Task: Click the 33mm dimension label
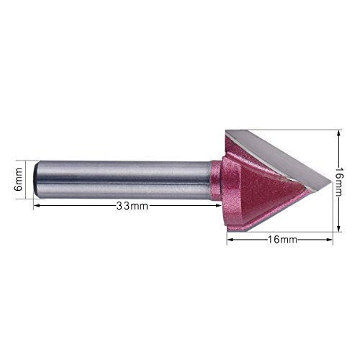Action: (x=132, y=206)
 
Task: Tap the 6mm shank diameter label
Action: (x=18, y=179)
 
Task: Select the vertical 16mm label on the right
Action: (x=338, y=181)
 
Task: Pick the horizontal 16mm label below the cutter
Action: (x=282, y=239)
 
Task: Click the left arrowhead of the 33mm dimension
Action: (x=37, y=205)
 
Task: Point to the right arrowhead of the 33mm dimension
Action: (x=218, y=205)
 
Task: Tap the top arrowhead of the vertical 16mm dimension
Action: (x=339, y=133)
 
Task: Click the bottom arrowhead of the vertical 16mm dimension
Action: (x=339, y=229)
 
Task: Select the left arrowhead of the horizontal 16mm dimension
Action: (x=230, y=239)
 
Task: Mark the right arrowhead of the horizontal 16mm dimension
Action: (x=329, y=239)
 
